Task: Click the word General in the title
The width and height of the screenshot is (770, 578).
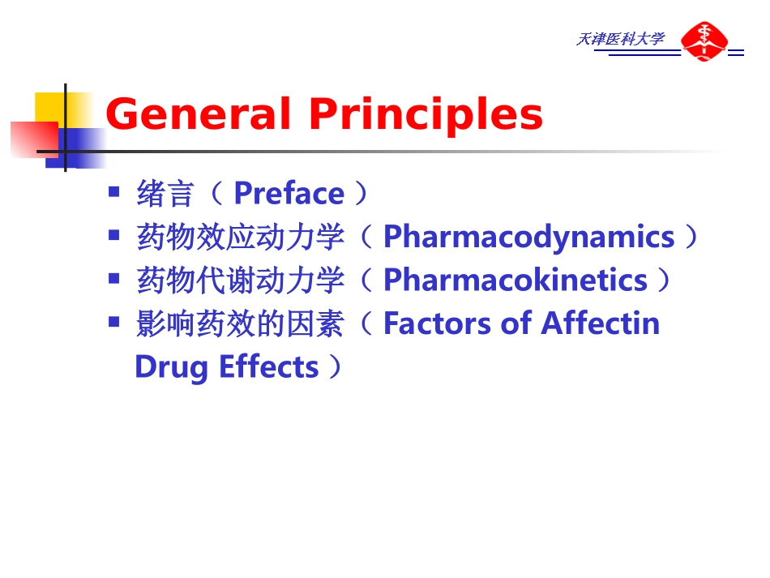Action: [198, 114]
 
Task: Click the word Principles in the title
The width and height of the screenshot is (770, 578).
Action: [426, 115]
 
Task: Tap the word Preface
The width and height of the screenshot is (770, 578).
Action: [289, 194]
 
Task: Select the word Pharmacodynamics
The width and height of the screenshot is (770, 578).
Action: [528, 237]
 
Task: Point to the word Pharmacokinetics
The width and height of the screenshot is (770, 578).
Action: [515, 280]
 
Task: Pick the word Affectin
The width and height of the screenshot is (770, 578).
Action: [601, 323]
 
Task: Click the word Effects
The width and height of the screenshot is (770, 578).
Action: [269, 366]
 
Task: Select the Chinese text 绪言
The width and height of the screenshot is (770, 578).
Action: [166, 195]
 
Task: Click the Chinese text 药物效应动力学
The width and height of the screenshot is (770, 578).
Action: [242, 238]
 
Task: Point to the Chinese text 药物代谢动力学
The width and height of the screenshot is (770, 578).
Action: [242, 280]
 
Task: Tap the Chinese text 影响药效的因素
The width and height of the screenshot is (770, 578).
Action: [242, 324]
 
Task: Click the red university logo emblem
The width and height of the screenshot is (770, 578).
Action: [703, 41]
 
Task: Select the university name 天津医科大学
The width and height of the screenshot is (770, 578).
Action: [620, 39]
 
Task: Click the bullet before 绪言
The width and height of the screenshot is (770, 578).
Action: [114, 192]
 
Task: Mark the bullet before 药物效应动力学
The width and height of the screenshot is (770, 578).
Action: [114, 235]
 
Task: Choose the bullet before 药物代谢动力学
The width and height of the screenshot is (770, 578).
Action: [114, 278]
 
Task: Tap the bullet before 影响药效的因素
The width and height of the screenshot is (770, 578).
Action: [114, 322]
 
